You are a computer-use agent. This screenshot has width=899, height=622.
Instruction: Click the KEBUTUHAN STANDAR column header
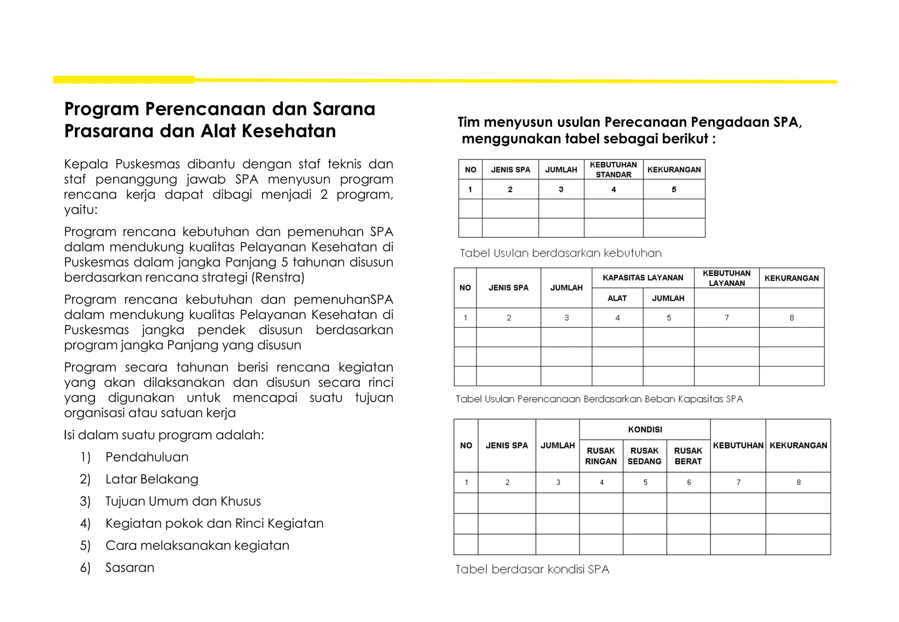coord(613,169)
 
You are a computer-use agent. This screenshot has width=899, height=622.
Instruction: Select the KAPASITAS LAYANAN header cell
coord(643,278)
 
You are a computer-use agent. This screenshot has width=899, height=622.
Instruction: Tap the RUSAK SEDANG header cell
coord(644,456)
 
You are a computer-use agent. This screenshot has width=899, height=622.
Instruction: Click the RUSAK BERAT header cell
coord(688,456)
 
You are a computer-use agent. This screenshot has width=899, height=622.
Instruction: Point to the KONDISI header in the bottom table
coord(645,429)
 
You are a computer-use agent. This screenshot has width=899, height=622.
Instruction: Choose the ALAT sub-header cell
coord(617,298)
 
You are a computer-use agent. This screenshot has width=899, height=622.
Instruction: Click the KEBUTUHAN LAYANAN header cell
coord(726,278)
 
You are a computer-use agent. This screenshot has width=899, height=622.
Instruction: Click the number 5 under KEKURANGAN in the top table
coord(674,189)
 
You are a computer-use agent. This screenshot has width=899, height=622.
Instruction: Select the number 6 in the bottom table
coord(689,483)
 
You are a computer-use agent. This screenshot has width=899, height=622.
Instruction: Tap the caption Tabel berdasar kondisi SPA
coord(532,569)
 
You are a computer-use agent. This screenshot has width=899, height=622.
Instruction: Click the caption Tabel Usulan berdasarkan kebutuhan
coord(561,253)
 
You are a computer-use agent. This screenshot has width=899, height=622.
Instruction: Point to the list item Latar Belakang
coord(151,479)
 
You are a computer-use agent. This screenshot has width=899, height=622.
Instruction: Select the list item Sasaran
coord(129,568)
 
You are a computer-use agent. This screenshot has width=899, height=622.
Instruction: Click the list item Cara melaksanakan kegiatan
coord(197,545)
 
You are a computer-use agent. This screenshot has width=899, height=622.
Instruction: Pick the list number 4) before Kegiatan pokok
coord(85,523)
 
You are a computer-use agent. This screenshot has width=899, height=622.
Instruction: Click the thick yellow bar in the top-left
coord(124,79)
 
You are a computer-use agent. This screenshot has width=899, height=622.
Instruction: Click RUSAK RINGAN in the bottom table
coord(601,456)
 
